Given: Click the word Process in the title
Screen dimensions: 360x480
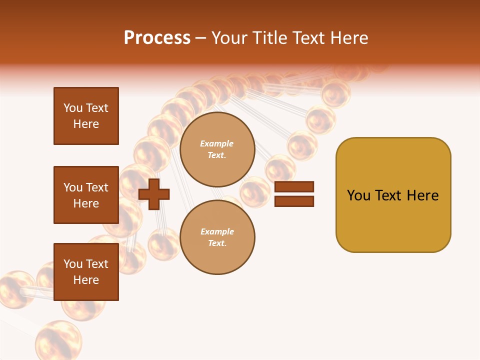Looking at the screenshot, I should pos(157,37).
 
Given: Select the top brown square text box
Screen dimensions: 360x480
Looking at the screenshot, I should pos(86,116).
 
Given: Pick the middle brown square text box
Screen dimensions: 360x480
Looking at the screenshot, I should pos(86,195).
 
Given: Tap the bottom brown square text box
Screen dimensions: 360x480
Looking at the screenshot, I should pos(86,272).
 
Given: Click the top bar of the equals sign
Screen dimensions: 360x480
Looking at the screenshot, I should pos(294,186).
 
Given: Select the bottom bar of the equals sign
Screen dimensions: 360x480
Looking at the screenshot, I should pos(294,201).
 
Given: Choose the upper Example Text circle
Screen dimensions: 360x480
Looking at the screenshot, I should pos(217,149).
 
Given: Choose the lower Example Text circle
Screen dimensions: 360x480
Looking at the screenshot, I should pos(217,237).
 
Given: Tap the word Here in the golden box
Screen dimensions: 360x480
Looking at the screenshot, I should pos(422,195).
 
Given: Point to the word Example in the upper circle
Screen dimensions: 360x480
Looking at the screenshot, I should pos(217,143).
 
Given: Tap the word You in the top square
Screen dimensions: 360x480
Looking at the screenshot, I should pos(73,108).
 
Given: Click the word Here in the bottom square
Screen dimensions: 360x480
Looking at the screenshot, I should pos(86,280).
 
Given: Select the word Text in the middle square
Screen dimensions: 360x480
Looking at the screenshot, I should pos(97,187).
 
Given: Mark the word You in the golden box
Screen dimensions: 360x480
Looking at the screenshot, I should pos(358,195).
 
